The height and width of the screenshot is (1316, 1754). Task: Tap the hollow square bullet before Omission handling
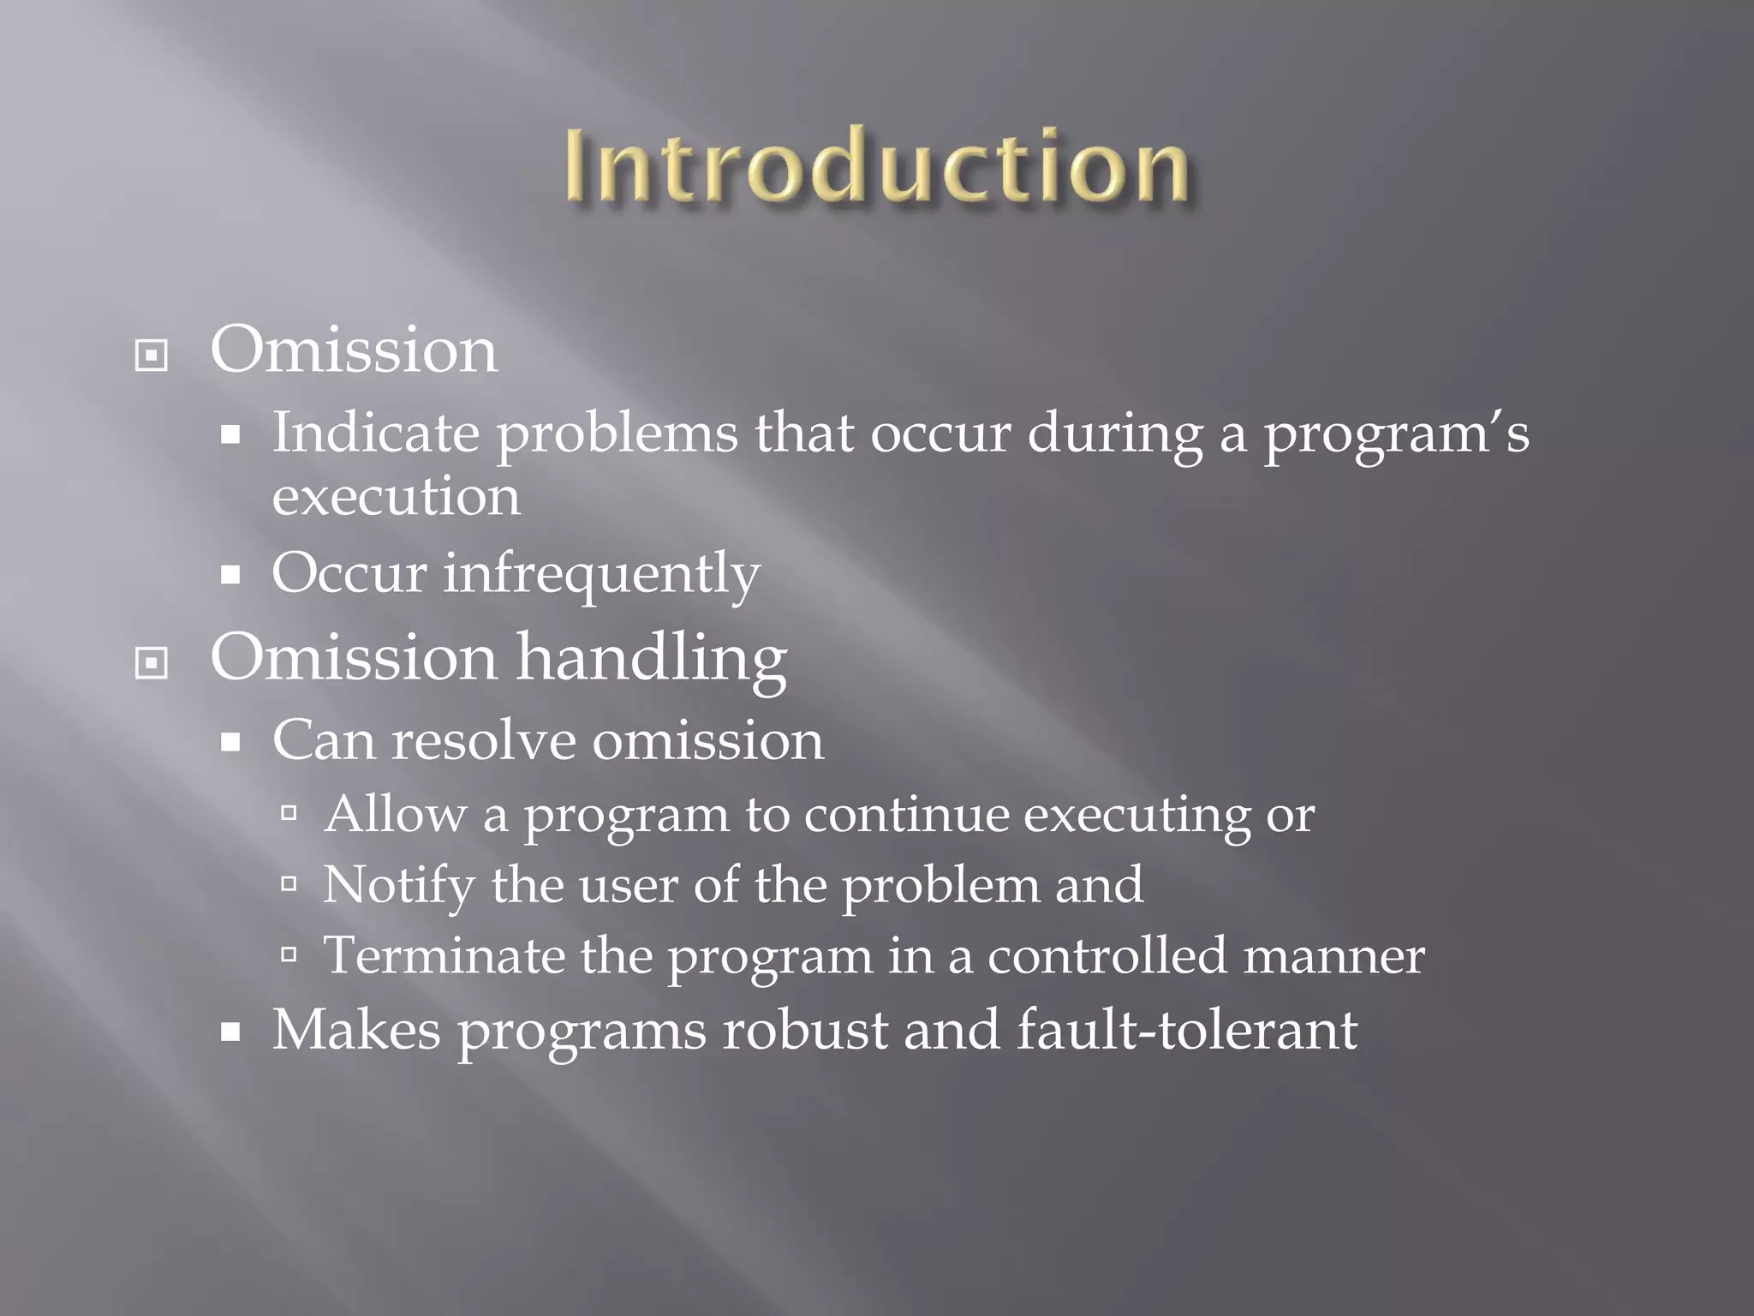click(x=152, y=662)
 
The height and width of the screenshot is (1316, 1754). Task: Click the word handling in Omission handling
click(x=652, y=661)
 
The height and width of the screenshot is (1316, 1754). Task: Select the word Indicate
click(x=375, y=433)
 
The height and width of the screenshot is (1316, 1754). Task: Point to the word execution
click(x=396, y=497)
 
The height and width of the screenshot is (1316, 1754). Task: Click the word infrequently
click(x=601, y=574)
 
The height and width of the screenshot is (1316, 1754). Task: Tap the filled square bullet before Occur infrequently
click(x=230, y=574)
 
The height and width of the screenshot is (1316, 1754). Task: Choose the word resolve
click(x=483, y=741)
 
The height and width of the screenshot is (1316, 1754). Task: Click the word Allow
click(x=395, y=814)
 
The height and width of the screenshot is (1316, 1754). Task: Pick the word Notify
click(x=398, y=885)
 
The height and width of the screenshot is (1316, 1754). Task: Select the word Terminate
click(x=444, y=955)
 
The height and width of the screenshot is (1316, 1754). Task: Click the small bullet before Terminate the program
click(x=289, y=954)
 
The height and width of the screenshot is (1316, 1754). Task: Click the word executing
click(x=1137, y=816)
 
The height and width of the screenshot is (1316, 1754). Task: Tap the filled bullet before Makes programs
click(x=230, y=1032)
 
